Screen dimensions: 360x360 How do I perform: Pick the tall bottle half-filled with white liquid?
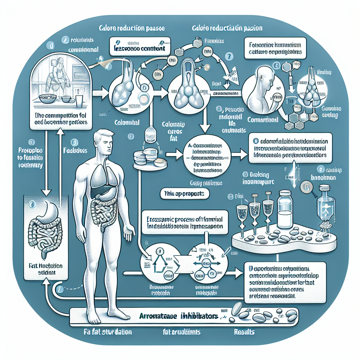pyautogui.click(x=285, y=209)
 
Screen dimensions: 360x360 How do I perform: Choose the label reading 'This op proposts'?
pyautogui.click(x=184, y=193)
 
